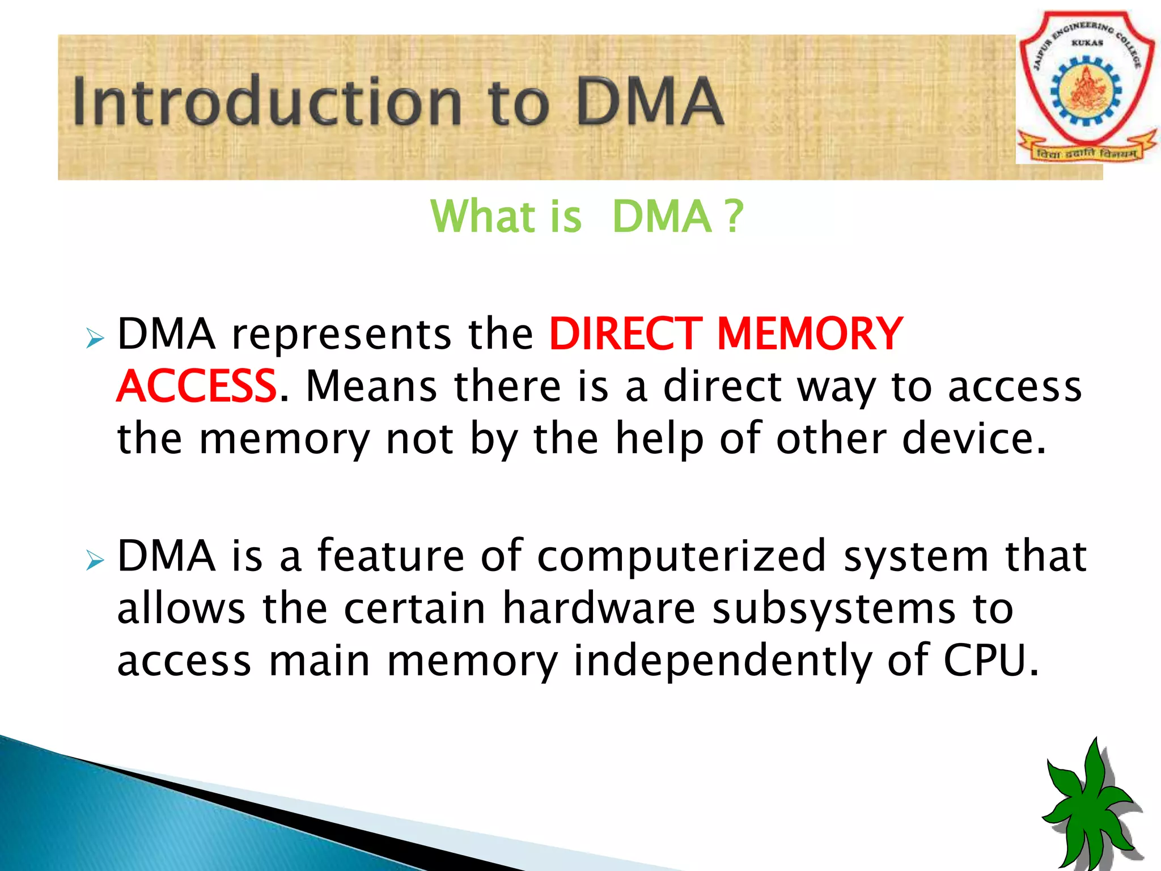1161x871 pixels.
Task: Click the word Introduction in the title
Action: [x=266, y=102]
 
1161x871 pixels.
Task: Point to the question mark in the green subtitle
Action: [x=734, y=217]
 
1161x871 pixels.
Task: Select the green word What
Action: [x=482, y=217]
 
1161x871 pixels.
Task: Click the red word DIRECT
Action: [x=625, y=334]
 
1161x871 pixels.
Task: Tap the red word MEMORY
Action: [x=810, y=334]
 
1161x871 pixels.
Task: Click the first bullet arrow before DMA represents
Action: [x=95, y=339]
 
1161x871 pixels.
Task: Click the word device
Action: [x=973, y=438]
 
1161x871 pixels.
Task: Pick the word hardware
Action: [x=599, y=608]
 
